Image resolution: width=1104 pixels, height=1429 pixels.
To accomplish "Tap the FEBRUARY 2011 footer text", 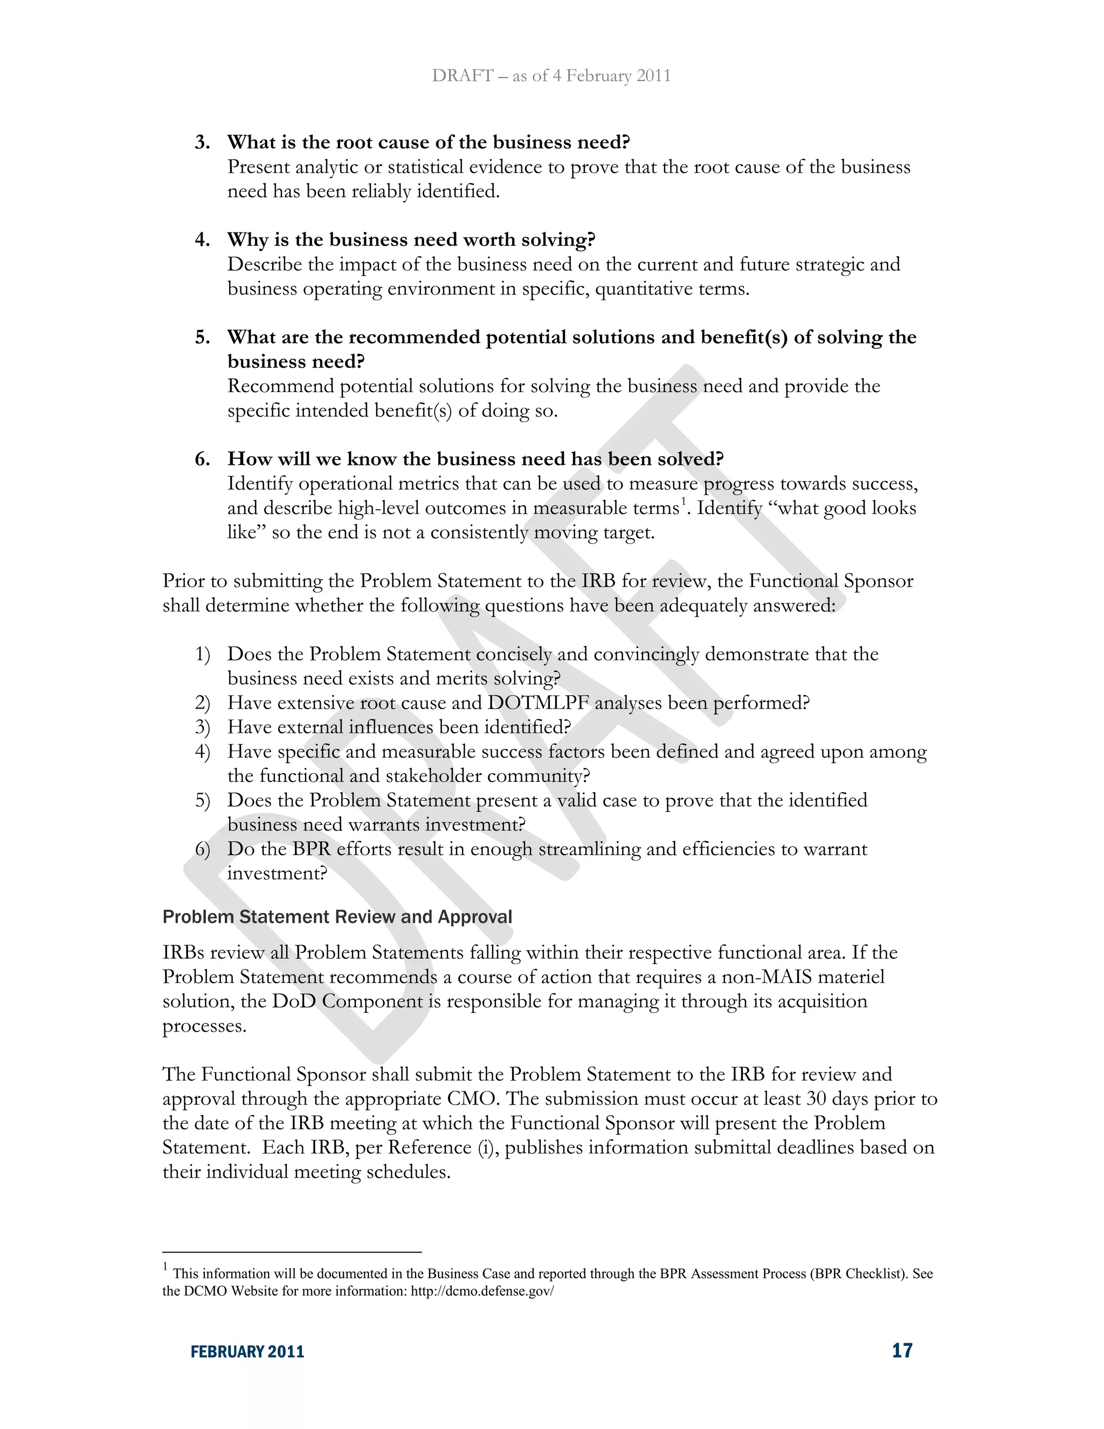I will (247, 1352).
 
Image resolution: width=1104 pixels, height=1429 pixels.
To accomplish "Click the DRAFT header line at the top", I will (551, 76).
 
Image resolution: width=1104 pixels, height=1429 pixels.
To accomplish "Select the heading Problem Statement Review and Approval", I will (337, 917).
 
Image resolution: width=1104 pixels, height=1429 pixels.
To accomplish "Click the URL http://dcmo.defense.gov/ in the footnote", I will (482, 1291).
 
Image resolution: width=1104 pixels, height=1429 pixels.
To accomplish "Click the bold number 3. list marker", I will (202, 143).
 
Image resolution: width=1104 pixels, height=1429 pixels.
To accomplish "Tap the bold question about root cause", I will (429, 143).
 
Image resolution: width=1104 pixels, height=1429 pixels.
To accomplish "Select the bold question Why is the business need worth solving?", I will (411, 240).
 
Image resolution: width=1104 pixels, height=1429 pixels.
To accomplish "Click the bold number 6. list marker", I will (202, 459).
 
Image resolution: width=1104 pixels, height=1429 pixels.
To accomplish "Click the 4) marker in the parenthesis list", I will (202, 752).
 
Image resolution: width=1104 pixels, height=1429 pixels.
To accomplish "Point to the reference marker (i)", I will (487, 1148).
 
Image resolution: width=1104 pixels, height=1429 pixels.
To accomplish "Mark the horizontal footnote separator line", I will (292, 1252).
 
